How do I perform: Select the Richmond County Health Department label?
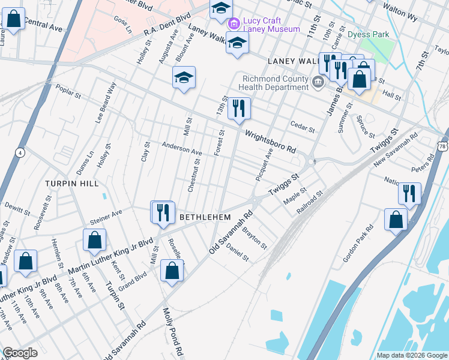[275, 83]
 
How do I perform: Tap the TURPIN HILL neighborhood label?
[71, 182]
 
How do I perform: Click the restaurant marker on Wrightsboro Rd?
[239, 109]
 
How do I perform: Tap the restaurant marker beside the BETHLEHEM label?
[162, 212]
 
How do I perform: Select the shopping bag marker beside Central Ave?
[14, 19]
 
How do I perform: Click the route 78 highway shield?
[442, 146]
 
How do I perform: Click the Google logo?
[20, 353]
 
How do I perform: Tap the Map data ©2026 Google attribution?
[412, 355]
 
